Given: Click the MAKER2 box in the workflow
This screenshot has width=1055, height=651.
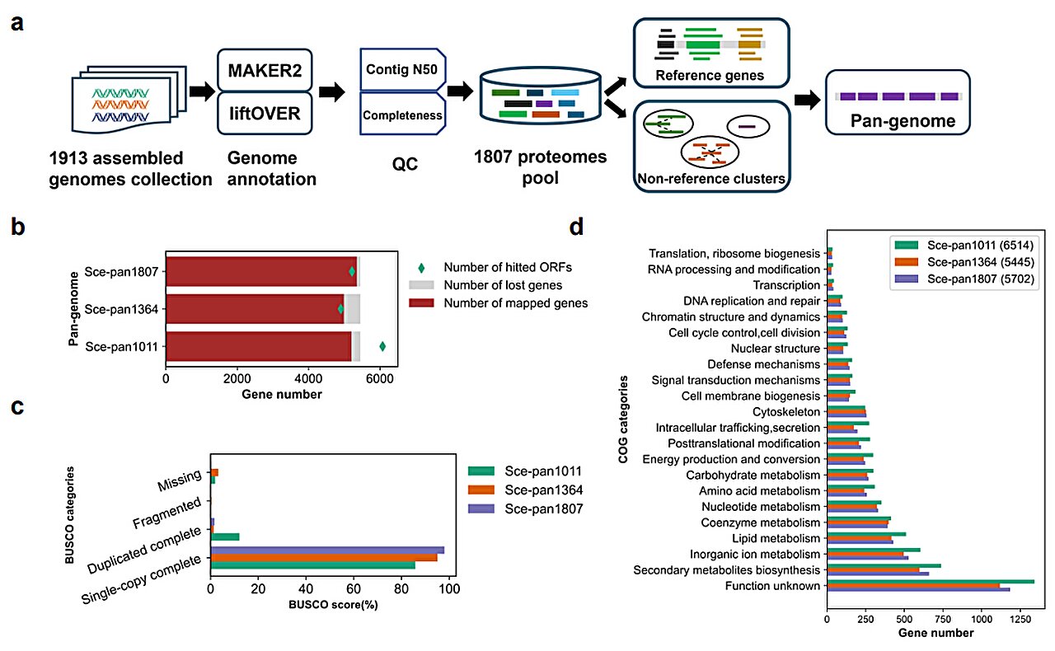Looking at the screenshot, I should click(265, 70).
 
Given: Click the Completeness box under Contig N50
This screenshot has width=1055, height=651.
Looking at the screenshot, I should click(401, 115).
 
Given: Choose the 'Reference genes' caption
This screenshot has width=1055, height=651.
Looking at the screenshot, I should click(710, 76).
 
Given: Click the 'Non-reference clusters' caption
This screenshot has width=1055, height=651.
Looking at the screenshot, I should click(710, 177).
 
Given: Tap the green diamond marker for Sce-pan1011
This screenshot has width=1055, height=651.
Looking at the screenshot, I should click(382, 346).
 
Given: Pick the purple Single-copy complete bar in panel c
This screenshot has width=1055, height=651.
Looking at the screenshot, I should click(327, 550).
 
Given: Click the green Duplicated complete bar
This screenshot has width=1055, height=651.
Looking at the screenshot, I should click(225, 537).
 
